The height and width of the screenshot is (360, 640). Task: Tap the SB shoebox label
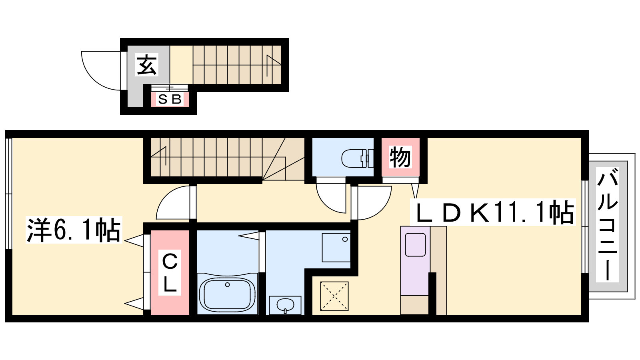click(170, 99)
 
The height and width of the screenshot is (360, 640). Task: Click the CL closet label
click(170, 272)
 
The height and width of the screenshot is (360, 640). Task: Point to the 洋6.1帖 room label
click(74, 230)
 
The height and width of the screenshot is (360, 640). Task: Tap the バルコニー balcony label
click(608, 225)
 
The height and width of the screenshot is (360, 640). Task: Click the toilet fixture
click(358, 158)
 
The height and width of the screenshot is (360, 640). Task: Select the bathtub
click(228, 294)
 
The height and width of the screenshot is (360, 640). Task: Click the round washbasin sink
click(285, 305)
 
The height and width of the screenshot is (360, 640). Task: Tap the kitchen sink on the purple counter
click(416, 244)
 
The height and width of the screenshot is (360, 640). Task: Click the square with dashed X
click(334, 296)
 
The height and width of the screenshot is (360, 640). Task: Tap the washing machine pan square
click(336, 248)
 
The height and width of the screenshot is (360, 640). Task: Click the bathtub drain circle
click(228, 284)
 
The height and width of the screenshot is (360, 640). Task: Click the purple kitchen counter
click(415, 260)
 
